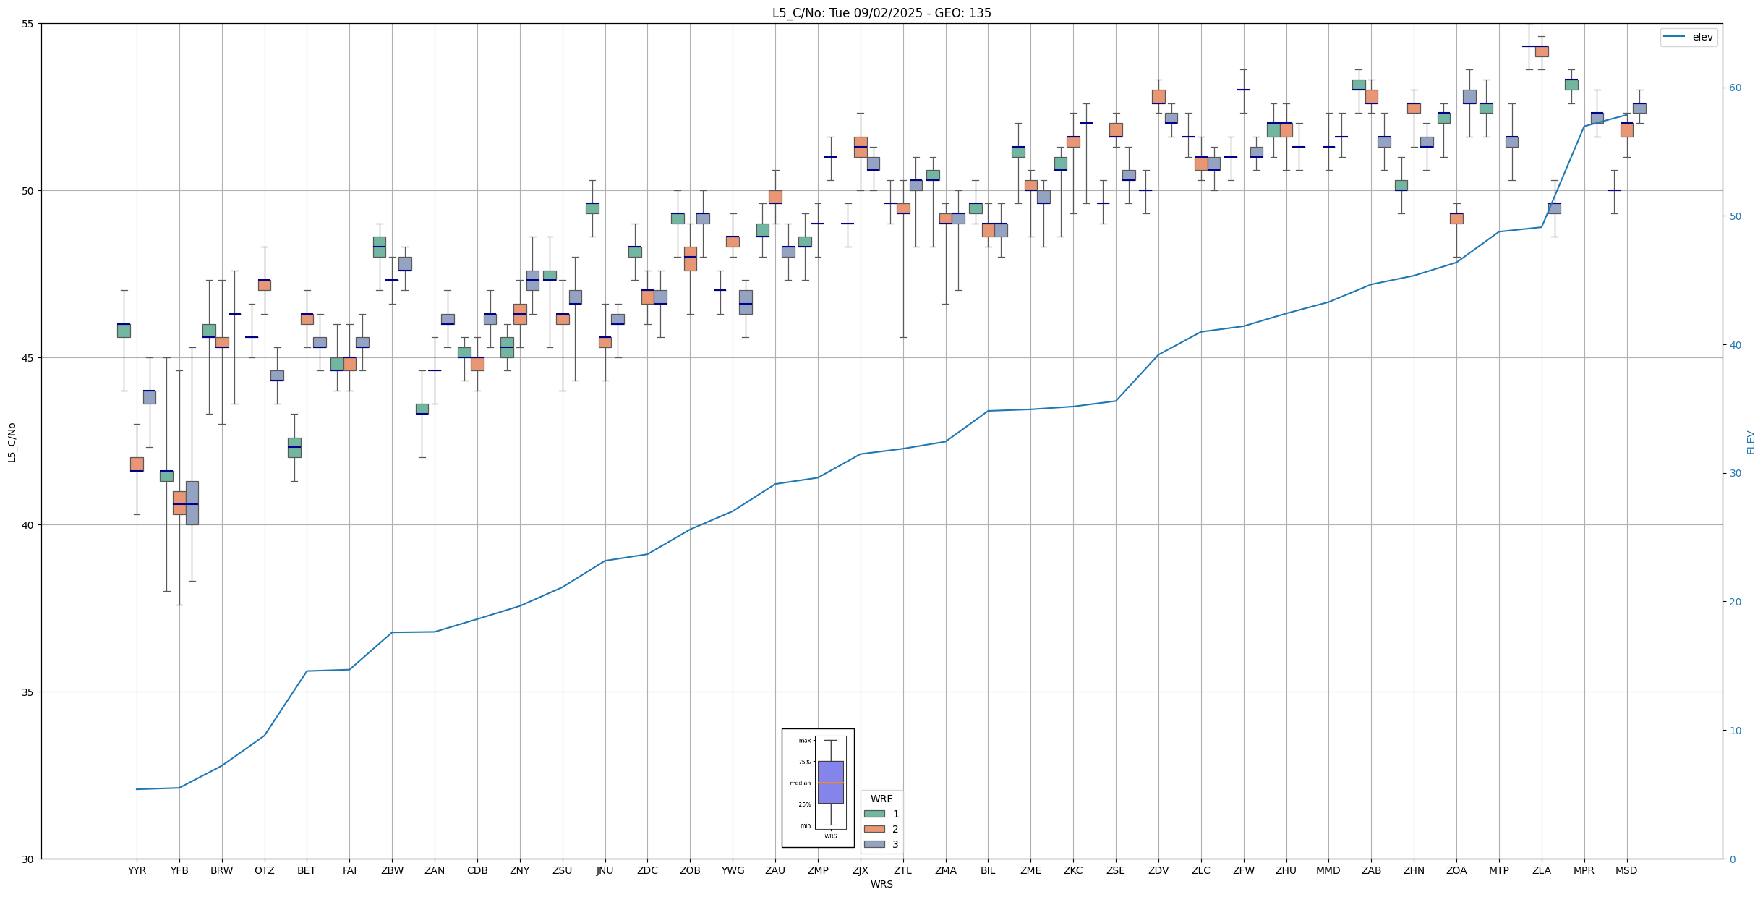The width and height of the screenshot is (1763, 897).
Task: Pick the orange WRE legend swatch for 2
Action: [x=874, y=829]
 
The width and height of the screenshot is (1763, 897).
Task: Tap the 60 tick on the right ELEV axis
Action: [x=1734, y=88]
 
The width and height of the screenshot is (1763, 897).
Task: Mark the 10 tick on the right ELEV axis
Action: [x=1734, y=731]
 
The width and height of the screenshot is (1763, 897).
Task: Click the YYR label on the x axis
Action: [x=137, y=870]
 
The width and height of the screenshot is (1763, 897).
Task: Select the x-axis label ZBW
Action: [x=392, y=870]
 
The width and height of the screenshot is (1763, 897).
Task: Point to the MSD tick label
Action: [x=1626, y=870]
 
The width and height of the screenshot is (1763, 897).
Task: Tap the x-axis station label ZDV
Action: [x=1158, y=870]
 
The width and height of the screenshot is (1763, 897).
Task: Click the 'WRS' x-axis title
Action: [x=881, y=884]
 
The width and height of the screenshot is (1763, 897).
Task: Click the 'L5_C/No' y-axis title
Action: [x=12, y=442]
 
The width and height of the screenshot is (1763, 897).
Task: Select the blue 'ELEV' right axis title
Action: [x=1751, y=442]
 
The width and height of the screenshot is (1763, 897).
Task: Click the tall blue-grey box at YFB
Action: [x=192, y=503]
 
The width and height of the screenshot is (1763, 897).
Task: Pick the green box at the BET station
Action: [x=294, y=447]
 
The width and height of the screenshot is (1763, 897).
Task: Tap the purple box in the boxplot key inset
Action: [x=830, y=782]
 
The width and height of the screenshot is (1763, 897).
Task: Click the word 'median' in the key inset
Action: [x=800, y=783]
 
